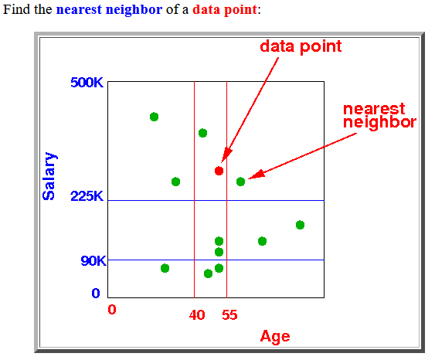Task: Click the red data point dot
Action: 219,171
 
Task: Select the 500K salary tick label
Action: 87,83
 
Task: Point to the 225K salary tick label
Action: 87,196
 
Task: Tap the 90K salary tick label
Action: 93,261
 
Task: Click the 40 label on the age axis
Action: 197,315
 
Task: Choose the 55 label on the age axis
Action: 229,315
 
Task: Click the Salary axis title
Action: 49,176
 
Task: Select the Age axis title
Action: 275,337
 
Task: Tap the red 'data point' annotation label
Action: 301,46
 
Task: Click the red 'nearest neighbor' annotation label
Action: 380,116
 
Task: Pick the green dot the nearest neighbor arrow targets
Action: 240,182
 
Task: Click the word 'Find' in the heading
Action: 16,9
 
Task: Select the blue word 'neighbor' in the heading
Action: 134,9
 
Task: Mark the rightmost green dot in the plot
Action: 300,225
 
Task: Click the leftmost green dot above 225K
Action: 154,117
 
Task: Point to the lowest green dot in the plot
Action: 208,273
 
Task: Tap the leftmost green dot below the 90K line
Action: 165,268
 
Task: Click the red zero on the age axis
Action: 112,310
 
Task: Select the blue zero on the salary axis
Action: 96,293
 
